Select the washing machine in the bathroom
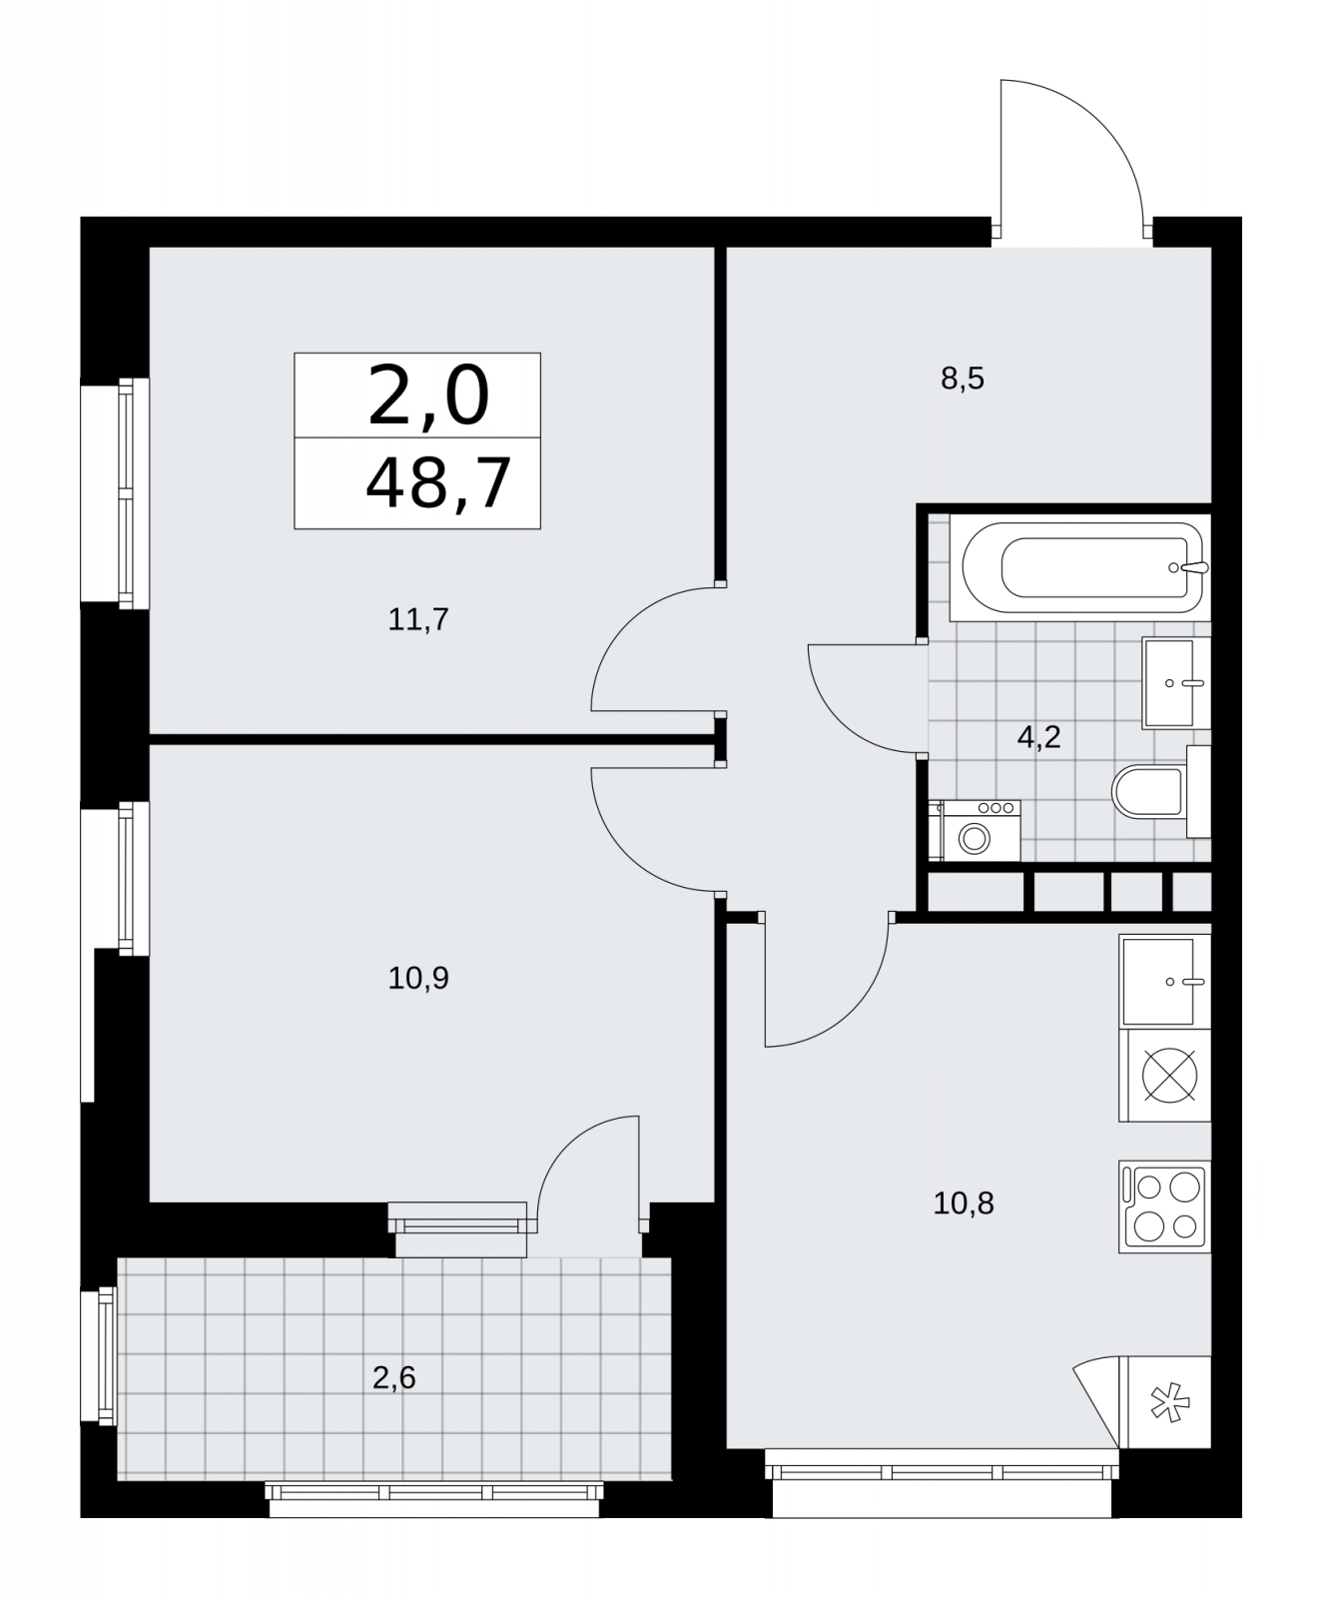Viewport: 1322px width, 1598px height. click(974, 830)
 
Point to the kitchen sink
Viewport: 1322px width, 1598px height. click(1164, 981)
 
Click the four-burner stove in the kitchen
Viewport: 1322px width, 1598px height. click(1165, 1206)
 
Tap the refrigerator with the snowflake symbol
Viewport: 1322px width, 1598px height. click(1164, 1401)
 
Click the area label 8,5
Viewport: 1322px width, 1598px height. click(963, 380)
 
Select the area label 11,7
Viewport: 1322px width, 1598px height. click(418, 620)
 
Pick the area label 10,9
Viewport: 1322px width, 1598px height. click(418, 978)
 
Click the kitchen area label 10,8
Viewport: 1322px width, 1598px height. click(964, 1203)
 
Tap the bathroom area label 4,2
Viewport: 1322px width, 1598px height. click(1038, 738)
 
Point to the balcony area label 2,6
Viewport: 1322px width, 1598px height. click(393, 1378)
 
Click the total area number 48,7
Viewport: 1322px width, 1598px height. click(438, 484)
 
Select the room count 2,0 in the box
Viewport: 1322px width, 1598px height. click(429, 395)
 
